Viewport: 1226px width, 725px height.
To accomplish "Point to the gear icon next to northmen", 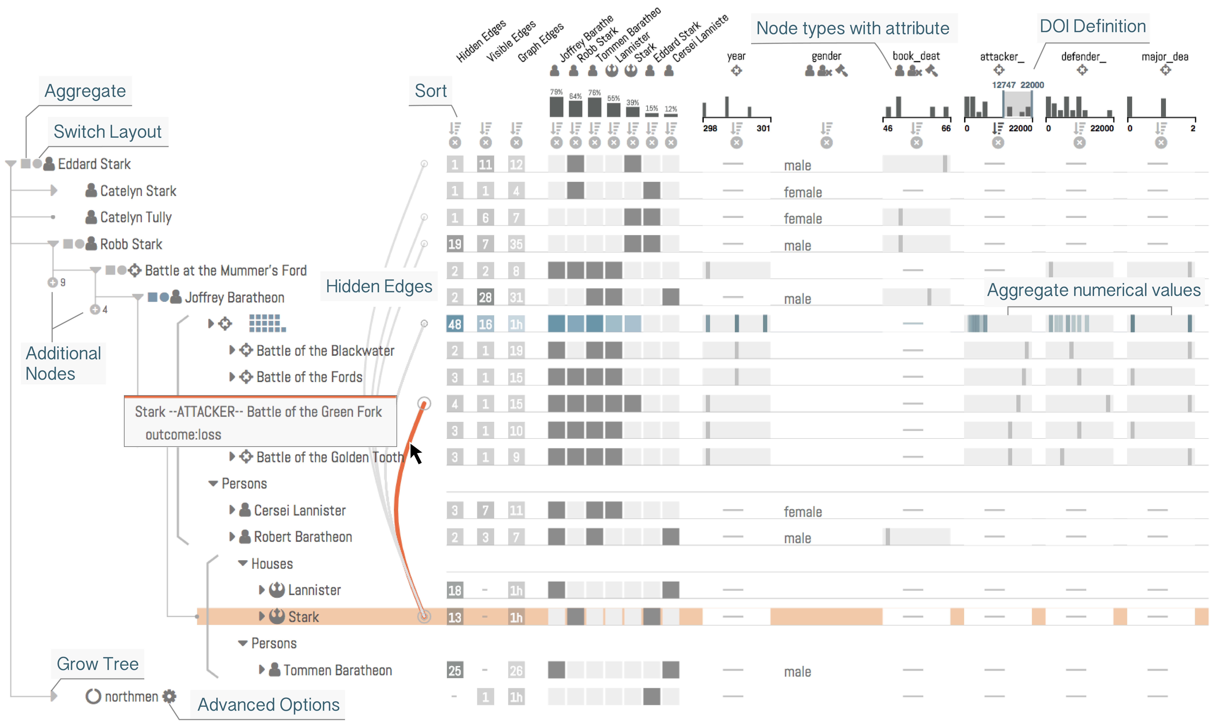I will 169,696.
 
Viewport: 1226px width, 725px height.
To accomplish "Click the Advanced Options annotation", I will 268,704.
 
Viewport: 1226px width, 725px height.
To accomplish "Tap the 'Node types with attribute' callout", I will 852,28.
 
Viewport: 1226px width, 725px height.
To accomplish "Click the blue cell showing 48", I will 454,324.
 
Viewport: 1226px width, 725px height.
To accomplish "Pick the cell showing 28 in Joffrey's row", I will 485,297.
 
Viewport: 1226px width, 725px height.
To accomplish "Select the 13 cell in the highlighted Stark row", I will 454,617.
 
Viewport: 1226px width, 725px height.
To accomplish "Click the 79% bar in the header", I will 556,107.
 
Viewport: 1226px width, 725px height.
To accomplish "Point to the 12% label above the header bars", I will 671,108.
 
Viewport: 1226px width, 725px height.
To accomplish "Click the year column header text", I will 736,56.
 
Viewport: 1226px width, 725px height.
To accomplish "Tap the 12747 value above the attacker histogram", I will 1003,85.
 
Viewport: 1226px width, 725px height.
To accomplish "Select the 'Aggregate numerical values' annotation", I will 1093,290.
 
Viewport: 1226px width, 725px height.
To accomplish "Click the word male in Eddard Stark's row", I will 797,166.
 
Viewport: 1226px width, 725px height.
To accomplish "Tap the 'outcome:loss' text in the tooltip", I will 183,434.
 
